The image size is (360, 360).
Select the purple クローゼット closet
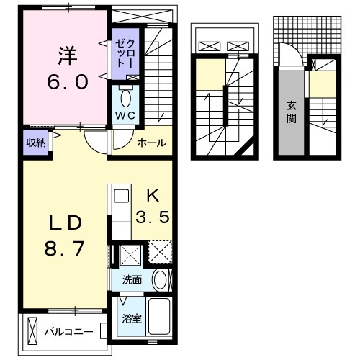click(x=120, y=55)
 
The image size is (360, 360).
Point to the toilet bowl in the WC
click(x=125, y=97)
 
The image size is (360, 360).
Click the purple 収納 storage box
click(x=36, y=142)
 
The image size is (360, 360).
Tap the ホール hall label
click(x=152, y=143)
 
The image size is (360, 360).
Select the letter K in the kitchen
click(x=153, y=194)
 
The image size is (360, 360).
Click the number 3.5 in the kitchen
click(x=153, y=216)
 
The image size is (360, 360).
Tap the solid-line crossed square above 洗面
click(x=130, y=253)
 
